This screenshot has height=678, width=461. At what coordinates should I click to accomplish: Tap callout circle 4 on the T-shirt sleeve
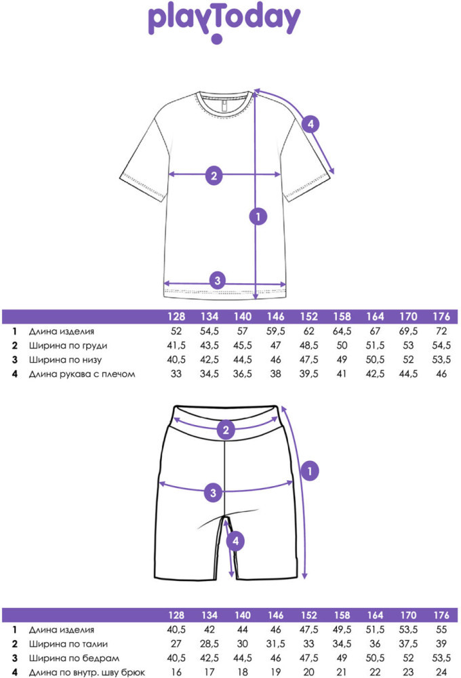click(x=310, y=125)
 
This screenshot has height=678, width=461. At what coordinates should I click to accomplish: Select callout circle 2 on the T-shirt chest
click(x=214, y=176)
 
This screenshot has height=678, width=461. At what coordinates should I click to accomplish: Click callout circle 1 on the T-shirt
click(x=258, y=216)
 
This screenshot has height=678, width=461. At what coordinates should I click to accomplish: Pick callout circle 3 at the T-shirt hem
click(x=218, y=280)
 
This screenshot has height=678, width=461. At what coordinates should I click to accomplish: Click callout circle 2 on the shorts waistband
click(x=226, y=430)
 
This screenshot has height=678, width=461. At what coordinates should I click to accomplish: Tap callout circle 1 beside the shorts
click(x=310, y=471)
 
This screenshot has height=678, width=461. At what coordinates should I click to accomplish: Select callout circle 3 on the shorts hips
click(x=213, y=492)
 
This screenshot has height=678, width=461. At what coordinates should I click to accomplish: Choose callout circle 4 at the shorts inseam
click(x=236, y=541)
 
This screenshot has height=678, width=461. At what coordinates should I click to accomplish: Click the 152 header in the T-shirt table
click(x=308, y=317)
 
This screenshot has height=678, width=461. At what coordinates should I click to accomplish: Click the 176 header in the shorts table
click(x=441, y=616)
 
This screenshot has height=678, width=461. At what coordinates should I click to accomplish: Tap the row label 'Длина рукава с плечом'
click(x=82, y=374)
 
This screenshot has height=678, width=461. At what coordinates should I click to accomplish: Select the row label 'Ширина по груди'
click(x=68, y=346)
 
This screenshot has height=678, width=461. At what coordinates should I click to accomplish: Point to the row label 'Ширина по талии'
click(x=68, y=644)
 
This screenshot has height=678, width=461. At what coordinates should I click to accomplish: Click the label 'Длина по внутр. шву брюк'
click(x=87, y=673)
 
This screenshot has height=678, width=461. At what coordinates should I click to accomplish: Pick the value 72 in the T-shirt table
click(x=441, y=332)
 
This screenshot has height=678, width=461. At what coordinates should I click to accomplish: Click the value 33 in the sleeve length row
click(x=176, y=374)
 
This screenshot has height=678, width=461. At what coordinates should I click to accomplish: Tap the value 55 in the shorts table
click(x=441, y=630)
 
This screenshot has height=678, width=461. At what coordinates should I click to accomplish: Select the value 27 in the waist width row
click(x=176, y=644)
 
